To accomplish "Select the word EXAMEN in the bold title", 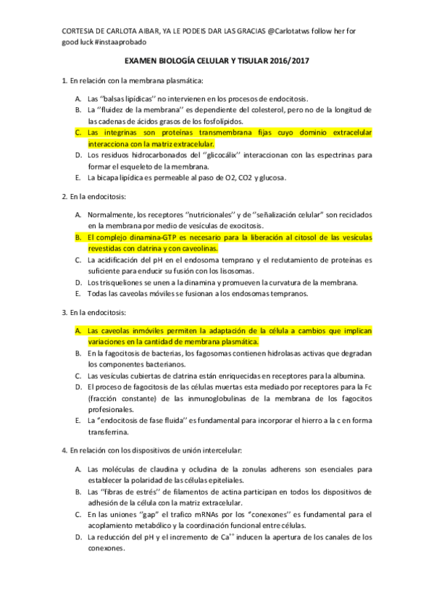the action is (141, 63).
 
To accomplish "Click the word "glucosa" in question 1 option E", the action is (272, 177).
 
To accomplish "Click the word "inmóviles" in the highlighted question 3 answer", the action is (149, 330).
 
